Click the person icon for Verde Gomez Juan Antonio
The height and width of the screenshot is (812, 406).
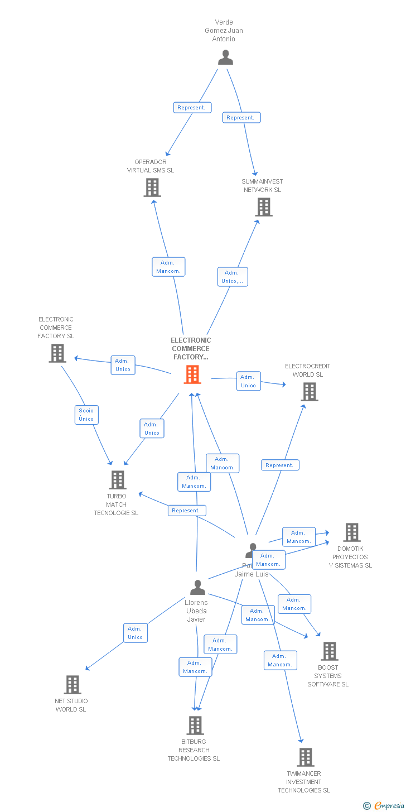225,57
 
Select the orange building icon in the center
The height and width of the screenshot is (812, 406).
192,374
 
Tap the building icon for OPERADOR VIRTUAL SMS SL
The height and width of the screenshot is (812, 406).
152,188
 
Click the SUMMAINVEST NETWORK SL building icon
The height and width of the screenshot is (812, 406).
264,207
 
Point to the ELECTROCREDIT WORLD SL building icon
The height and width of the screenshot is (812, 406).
310,392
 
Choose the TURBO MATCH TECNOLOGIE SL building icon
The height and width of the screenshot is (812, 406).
117,480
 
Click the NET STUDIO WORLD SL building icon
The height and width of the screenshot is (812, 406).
72,685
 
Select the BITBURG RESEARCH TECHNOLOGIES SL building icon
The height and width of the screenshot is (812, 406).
195,725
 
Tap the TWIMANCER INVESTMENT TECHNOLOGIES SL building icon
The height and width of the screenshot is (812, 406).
305,757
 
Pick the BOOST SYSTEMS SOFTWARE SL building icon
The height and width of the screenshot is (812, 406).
329,651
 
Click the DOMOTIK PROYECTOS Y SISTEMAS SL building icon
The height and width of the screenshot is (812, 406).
351,532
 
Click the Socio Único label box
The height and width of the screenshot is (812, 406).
86,415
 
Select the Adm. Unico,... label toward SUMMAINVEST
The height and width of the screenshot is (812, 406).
233,277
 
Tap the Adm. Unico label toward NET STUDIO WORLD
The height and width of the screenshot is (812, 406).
136,633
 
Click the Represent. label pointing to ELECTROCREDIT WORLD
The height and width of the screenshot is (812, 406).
280,465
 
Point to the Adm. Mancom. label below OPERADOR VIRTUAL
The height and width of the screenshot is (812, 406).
168,267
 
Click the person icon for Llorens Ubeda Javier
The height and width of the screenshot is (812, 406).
197,588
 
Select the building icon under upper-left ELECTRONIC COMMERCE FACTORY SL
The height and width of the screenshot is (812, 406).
57,353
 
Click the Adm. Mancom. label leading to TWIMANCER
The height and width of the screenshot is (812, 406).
280,660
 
